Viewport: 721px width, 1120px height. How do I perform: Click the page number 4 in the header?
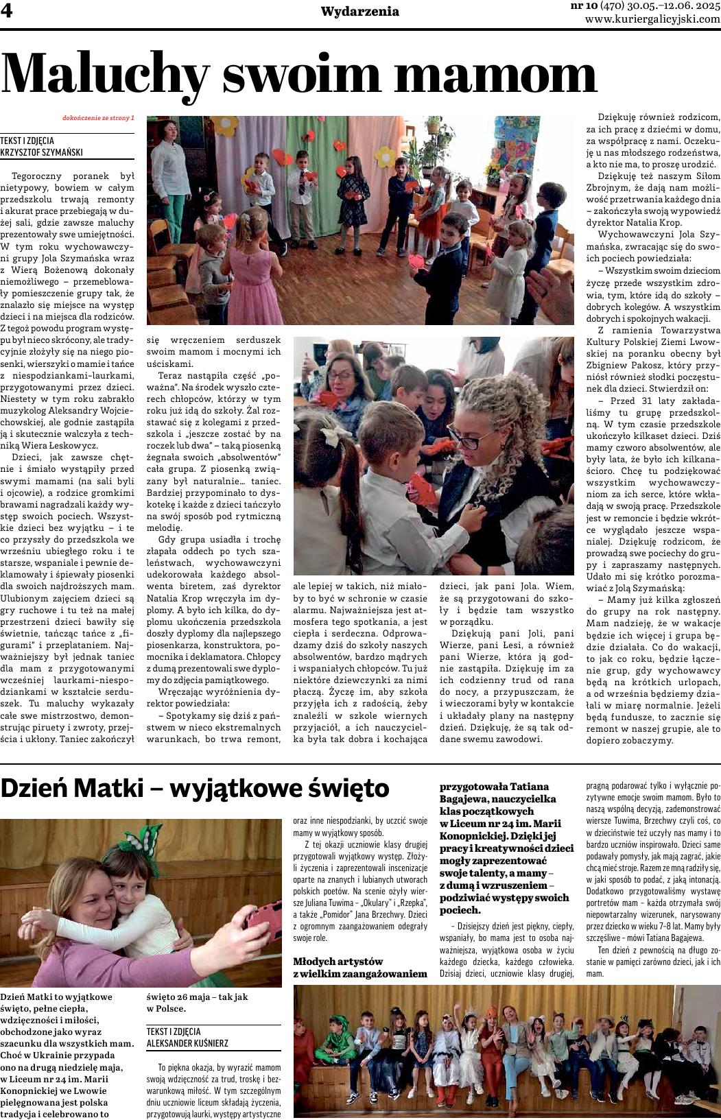(10, 12)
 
